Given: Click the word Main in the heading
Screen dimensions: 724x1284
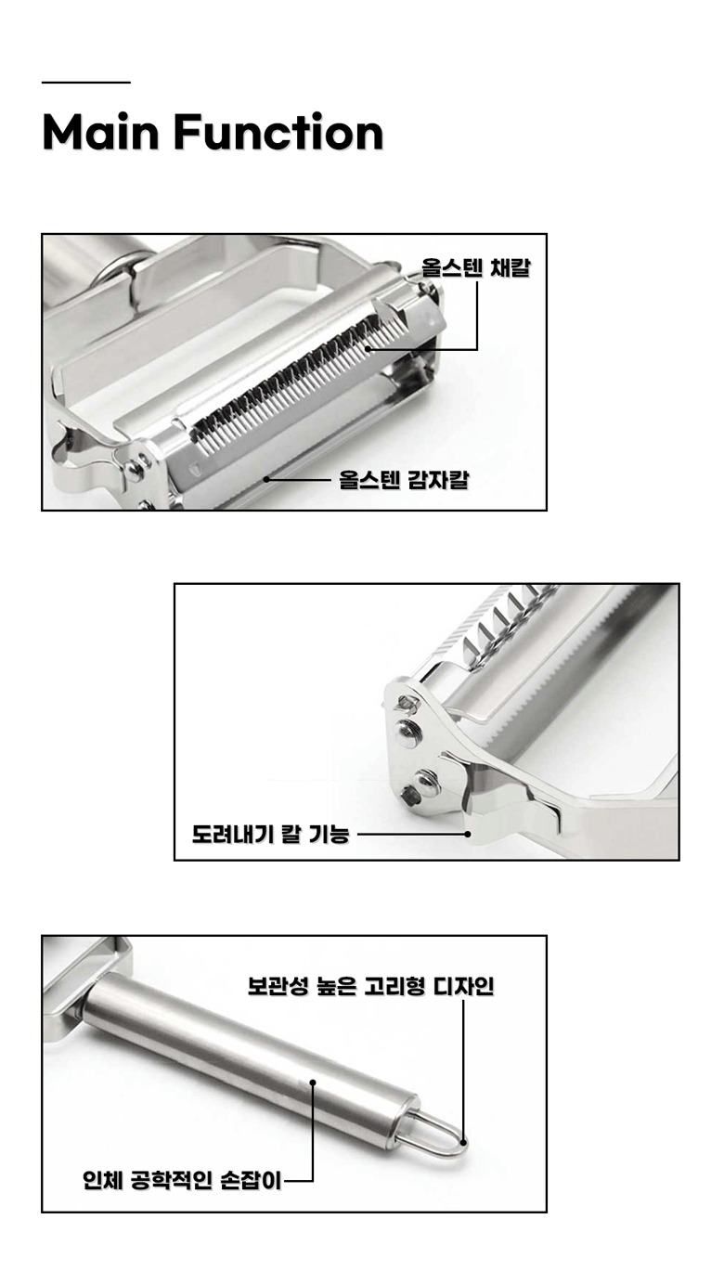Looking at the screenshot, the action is pos(100,133).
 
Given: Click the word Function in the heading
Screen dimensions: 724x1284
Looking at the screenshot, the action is pos(278,133).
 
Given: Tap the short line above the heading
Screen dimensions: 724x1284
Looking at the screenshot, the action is pos(86,83).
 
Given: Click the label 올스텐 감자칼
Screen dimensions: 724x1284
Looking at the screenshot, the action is pos(404,479).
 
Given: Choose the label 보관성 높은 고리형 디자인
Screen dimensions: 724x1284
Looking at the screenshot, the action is pos(370,986).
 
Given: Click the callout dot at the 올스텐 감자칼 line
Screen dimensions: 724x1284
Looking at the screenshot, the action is pos(266,479).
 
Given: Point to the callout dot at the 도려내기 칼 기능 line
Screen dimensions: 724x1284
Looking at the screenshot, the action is pos(467,834).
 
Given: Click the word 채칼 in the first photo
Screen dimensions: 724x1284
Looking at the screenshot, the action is pos(510,267).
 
